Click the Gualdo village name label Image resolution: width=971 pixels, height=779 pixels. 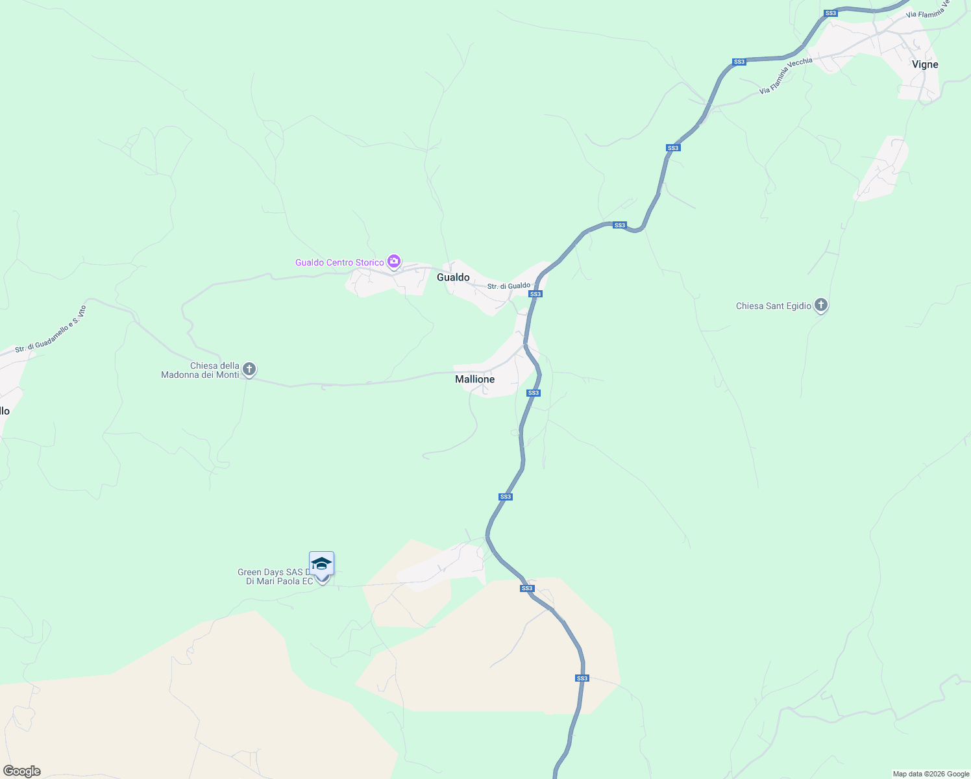453,277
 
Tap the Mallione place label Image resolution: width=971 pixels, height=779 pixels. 474,379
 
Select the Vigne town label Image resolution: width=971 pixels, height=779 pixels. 925,64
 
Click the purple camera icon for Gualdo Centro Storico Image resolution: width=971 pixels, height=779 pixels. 393,262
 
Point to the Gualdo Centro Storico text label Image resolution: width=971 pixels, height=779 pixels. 339,262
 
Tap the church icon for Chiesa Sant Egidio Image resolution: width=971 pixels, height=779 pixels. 821,305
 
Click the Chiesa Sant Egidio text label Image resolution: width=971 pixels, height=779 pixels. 773,306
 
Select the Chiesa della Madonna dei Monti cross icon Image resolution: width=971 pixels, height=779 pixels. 249,369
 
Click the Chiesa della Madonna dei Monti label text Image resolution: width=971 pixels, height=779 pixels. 201,370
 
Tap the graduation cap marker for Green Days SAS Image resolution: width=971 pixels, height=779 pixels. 321,563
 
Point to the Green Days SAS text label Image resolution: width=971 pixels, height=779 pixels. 275,576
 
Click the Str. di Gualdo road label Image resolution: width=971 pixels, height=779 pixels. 508,286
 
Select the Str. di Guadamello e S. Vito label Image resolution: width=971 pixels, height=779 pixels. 51,329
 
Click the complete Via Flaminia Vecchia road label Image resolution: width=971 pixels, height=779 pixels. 786,76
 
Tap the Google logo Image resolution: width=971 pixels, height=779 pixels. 22,771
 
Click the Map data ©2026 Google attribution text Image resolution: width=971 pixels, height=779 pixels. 931,774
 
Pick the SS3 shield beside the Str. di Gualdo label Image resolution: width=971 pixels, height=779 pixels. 535,294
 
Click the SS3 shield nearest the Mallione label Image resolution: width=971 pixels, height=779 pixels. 533,393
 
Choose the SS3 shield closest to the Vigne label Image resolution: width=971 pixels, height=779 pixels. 830,13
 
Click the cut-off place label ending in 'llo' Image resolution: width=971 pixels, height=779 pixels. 5,411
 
